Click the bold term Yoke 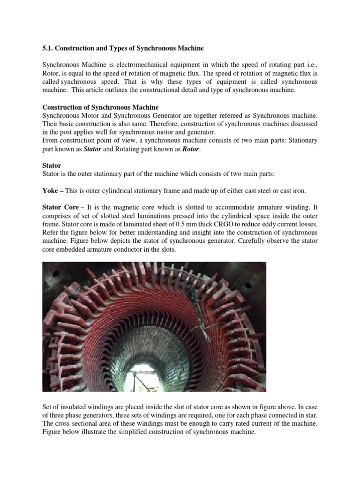[x=51, y=191]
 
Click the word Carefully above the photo [x=270, y=241]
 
